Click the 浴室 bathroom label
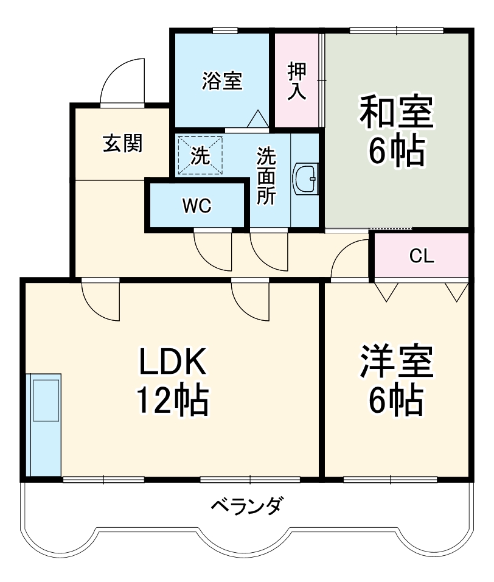(x=222, y=81)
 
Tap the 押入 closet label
(x=297, y=80)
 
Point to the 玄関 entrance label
(x=122, y=144)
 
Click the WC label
(x=197, y=206)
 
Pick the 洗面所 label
(x=266, y=176)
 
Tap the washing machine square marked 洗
(x=200, y=156)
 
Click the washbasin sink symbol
(x=305, y=178)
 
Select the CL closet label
(x=421, y=256)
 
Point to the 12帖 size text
(x=172, y=400)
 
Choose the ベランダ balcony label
(x=247, y=505)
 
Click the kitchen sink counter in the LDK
(x=45, y=423)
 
